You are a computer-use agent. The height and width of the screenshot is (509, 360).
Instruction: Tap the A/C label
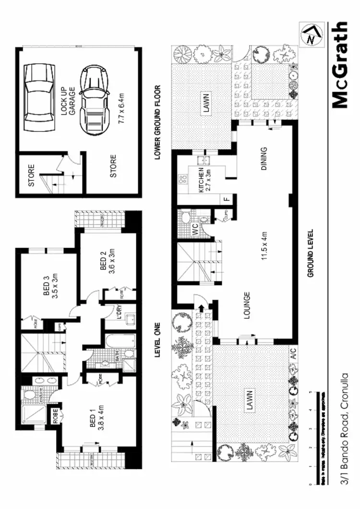pyautogui.click(x=292, y=355)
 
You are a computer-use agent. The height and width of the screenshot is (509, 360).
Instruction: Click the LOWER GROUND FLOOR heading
pyautogui.click(x=157, y=122)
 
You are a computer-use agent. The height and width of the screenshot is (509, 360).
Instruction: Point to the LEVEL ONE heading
pyautogui.click(x=157, y=341)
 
